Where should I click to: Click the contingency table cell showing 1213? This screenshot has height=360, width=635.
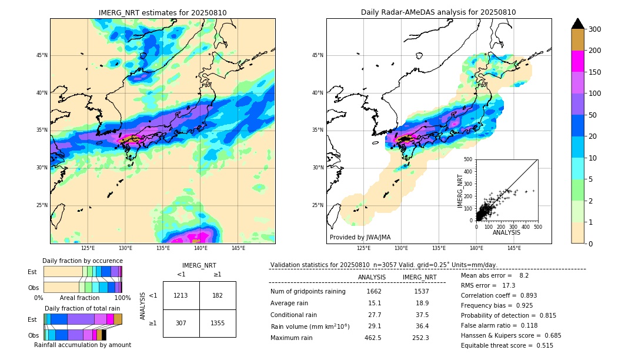[181, 295]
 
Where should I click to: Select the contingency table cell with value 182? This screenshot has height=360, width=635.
[218, 295]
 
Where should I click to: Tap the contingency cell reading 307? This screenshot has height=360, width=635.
[181, 323]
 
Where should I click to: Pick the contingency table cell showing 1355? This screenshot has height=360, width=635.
[218, 323]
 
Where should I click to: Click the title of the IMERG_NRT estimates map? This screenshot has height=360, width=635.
[162, 13]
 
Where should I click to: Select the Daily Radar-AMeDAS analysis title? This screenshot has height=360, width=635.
[439, 13]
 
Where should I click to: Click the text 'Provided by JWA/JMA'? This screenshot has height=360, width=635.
[360, 238]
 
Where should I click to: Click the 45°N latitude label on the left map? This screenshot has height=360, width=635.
[41, 56]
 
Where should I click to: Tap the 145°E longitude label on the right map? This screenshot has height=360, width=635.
[514, 248]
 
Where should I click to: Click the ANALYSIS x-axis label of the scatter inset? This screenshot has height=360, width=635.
[507, 233]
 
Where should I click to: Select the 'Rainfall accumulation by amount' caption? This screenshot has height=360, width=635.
[88, 345]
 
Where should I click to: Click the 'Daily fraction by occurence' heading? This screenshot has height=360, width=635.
[82, 261]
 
